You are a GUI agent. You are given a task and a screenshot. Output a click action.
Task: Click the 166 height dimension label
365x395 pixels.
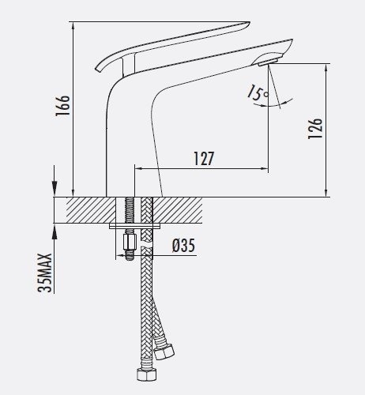click(x=62, y=106)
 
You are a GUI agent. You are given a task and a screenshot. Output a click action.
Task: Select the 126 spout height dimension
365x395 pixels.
click(x=315, y=129)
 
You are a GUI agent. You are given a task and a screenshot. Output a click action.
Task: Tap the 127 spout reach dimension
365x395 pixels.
click(x=204, y=159)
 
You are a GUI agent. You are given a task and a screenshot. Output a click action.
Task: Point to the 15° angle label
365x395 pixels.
click(x=257, y=92)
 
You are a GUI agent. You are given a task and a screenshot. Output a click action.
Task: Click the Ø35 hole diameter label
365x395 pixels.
click(x=184, y=246)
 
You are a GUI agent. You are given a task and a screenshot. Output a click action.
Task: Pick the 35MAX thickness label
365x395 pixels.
click(x=45, y=273)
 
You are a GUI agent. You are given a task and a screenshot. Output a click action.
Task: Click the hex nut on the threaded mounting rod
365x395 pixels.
click(x=130, y=243)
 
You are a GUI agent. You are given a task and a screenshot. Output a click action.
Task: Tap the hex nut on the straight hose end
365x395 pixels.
click(x=147, y=374)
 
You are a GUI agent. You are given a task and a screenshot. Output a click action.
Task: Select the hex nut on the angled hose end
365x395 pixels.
click(x=164, y=352)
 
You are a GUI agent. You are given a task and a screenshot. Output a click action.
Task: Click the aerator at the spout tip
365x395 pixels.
click(x=268, y=62)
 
